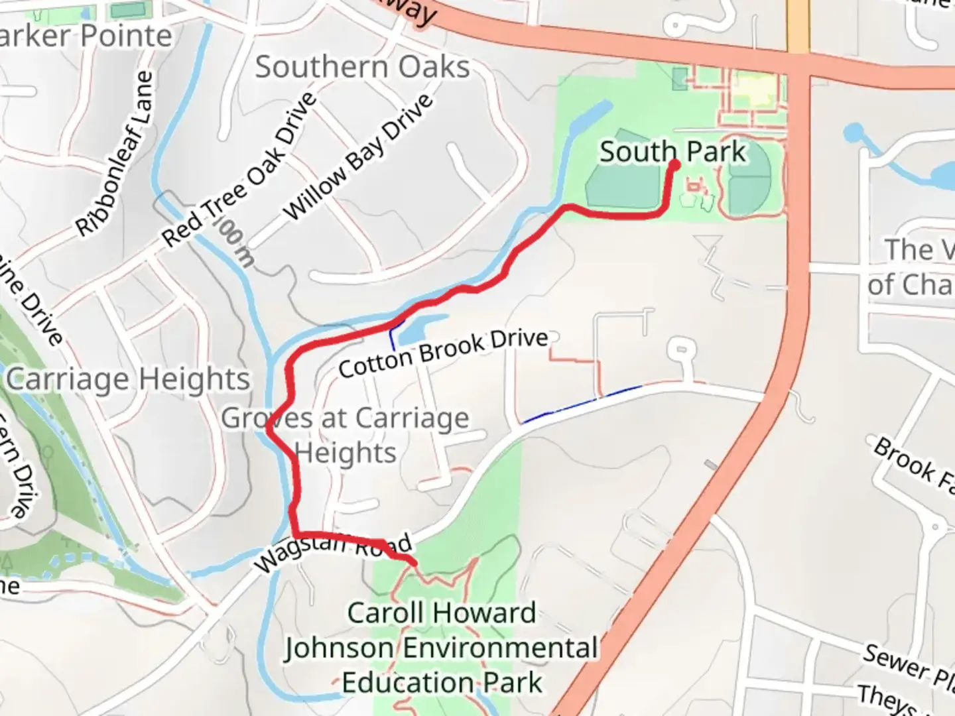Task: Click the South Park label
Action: point(672,152)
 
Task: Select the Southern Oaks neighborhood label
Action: point(362,68)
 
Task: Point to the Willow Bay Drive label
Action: point(358,157)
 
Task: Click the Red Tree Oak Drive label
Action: point(239,169)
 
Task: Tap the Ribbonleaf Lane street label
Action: point(114,154)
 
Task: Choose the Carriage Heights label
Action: point(128,380)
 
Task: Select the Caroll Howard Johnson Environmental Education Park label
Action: point(442,648)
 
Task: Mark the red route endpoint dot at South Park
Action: point(675,163)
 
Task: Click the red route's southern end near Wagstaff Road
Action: point(414,563)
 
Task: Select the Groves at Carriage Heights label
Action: point(345,436)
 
